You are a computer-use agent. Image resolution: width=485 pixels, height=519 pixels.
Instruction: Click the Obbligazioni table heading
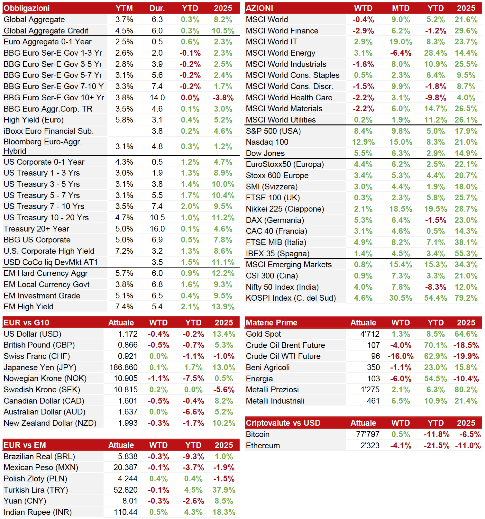pyautogui.click(x=27, y=8)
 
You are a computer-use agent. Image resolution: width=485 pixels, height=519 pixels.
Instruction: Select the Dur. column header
pyautogui.click(x=157, y=8)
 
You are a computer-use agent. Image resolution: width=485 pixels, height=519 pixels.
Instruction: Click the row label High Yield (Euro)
pyautogui.click(x=34, y=120)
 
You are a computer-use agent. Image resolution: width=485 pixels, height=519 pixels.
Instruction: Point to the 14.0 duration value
pyautogui.click(x=157, y=97)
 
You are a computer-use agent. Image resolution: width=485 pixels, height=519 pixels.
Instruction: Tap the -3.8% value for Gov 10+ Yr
pyautogui.click(x=223, y=97)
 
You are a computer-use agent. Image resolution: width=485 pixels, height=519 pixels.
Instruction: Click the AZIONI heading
pyautogui.click(x=260, y=8)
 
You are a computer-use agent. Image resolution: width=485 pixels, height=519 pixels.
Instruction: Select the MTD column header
pyautogui.click(x=401, y=8)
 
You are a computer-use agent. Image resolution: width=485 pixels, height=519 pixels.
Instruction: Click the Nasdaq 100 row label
pyautogui.click(x=267, y=142)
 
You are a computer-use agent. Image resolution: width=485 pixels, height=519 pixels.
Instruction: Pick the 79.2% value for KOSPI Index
pyautogui.click(x=466, y=298)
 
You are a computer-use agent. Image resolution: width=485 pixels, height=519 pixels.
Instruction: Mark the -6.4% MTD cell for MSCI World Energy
pyautogui.click(x=401, y=53)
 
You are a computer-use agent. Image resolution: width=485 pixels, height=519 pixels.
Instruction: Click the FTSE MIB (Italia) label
pyautogui.click(x=276, y=242)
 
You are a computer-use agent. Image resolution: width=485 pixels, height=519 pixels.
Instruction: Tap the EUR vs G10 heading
pyautogui.click(x=26, y=323)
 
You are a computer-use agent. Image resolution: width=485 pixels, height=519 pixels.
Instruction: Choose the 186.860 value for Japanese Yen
pyautogui.click(x=124, y=367)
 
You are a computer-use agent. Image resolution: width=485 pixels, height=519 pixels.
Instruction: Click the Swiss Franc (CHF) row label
pyautogui.click(x=37, y=356)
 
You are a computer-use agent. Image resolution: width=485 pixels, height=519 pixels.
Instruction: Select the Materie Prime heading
pyautogui.click(x=271, y=323)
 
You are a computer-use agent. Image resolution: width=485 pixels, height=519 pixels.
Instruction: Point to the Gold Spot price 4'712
pyautogui.click(x=370, y=334)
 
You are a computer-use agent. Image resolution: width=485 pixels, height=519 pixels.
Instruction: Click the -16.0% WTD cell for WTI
pyautogui.click(x=401, y=356)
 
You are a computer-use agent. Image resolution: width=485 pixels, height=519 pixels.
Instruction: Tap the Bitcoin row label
pyautogui.click(x=258, y=434)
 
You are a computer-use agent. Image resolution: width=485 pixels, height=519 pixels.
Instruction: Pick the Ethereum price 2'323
pyautogui.click(x=370, y=445)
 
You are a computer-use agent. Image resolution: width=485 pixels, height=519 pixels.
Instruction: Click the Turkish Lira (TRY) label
pyautogui.click(x=36, y=490)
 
